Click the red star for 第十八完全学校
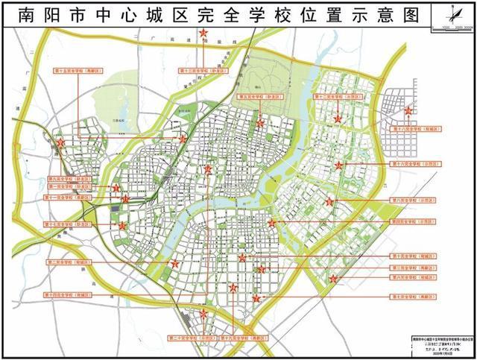point(408,111)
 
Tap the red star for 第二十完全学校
point(204,314)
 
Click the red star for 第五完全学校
point(260,123)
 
